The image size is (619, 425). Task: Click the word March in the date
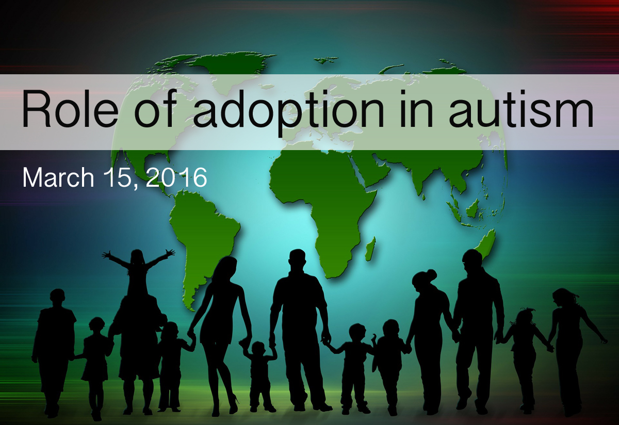coord(58,177)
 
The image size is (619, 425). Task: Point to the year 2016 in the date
coord(176,177)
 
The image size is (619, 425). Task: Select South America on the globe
coord(203,238)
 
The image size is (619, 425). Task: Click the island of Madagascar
coord(370,249)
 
